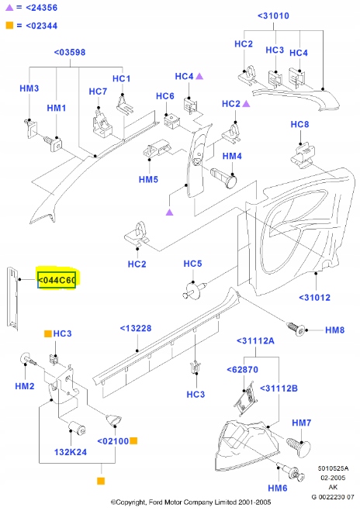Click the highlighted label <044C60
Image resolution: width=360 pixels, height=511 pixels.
coord(57,279)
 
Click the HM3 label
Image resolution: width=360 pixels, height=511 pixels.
coord(29,89)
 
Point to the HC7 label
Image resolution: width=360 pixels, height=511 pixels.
coord(98,91)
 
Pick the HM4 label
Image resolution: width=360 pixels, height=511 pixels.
coord(232,156)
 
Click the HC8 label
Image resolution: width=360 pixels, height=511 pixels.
coord(299,125)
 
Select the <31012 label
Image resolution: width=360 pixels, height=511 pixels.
coord(314,298)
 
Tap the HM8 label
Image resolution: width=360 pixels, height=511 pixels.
coord(334,330)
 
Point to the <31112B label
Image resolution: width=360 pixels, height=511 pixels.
coord(279,388)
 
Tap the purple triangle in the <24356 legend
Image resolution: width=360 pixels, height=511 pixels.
coord(9,8)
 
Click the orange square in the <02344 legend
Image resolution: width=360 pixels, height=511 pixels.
coord(9,26)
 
